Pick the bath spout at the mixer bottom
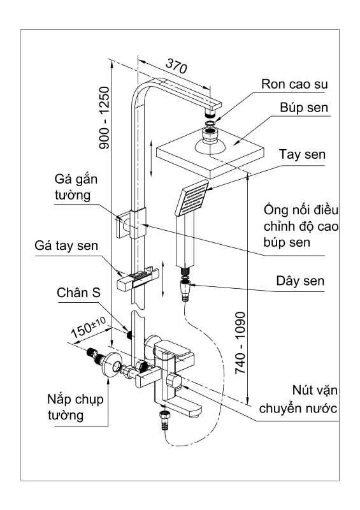181,406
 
